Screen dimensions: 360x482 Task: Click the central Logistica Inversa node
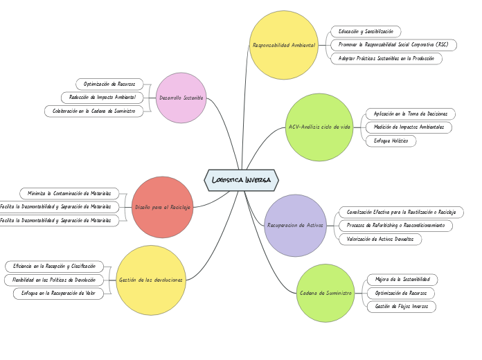(241, 180)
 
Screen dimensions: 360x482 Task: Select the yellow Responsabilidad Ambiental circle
(284, 45)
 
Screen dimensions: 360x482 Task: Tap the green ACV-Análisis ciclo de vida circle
(319, 127)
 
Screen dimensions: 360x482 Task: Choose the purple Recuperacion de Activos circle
(295, 225)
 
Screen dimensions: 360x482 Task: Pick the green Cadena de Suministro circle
(325, 293)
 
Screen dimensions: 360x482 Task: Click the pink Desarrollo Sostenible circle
(181, 98)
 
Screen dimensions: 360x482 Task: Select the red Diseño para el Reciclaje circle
(163, 207)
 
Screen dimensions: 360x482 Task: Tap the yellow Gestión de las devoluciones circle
(151, 280)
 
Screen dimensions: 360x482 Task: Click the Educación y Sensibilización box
(366, 31)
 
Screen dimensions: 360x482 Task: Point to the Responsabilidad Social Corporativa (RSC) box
(393, 45)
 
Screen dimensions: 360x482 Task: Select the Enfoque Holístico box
(391, 141)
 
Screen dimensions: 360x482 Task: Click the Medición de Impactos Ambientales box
(409, 127)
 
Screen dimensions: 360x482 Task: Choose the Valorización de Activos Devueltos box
(380, 239)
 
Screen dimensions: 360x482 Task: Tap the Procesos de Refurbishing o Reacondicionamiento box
(396, 226)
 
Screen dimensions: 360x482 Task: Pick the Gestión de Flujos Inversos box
(401, 306)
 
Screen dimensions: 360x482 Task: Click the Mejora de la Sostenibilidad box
(402, 279)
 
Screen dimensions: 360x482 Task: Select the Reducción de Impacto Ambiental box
(103, 98)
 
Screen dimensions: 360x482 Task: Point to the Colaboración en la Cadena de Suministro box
(93, 111)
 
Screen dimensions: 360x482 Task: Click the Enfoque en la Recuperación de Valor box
(58, 294)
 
